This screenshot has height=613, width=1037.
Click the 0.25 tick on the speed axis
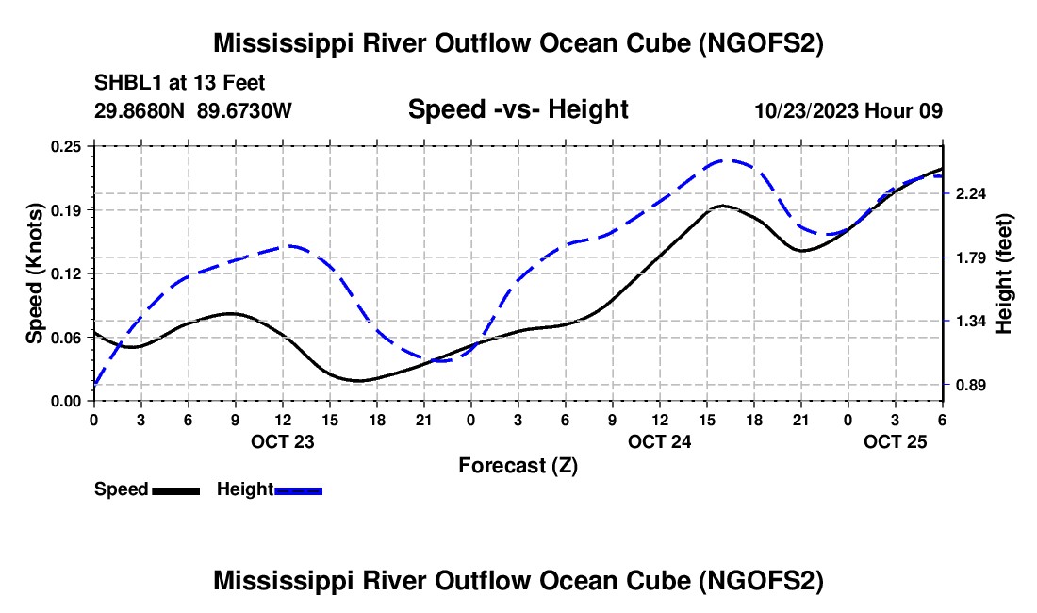tap(66, 146)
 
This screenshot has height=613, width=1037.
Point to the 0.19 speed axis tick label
tap(66, 209)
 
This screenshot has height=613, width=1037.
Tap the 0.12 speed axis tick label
tap(66, 273)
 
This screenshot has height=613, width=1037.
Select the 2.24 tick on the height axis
tap(971, 193)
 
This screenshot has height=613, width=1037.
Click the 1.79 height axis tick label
tap(971, 257)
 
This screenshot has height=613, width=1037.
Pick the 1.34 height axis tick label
tap(971, 322)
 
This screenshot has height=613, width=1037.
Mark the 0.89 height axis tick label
tap(971, 385)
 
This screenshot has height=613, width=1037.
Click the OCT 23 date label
tap(282, 441)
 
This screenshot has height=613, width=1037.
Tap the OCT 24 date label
tap(660, 441)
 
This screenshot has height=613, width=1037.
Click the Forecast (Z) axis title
tap(518, 465)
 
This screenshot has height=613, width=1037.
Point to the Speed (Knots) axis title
tap(35, 273)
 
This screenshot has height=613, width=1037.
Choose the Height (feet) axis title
tap(1003, 273)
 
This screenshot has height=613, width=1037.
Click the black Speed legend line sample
tap(175, 490)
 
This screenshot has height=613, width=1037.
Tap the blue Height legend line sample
tap(299, 490)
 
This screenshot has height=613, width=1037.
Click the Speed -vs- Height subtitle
tap(518, 109)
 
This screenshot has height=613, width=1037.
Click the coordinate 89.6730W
tap(245, 111)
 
